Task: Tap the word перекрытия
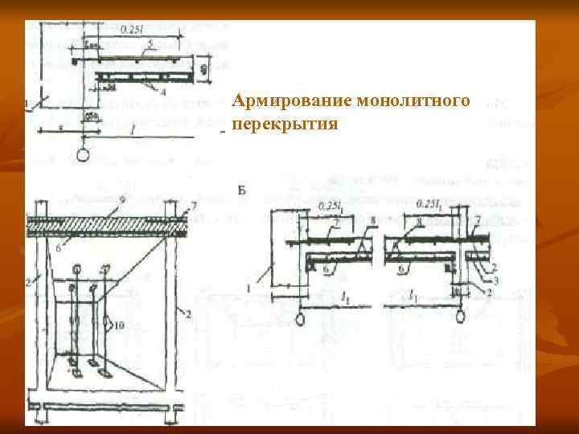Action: [285, 125]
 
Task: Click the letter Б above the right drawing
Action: [243, 190]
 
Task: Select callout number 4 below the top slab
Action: [164, 92]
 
